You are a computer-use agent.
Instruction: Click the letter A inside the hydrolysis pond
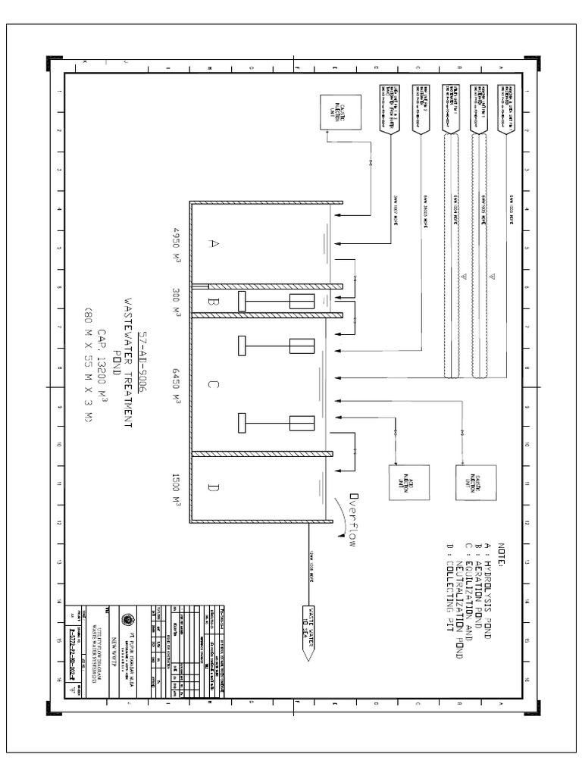click(x=214, y=243)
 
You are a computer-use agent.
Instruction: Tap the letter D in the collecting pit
click(x=214, y=487)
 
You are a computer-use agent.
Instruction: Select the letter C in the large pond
click(x=214, y=384)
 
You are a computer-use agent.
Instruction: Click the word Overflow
click(x=353, y=519)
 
